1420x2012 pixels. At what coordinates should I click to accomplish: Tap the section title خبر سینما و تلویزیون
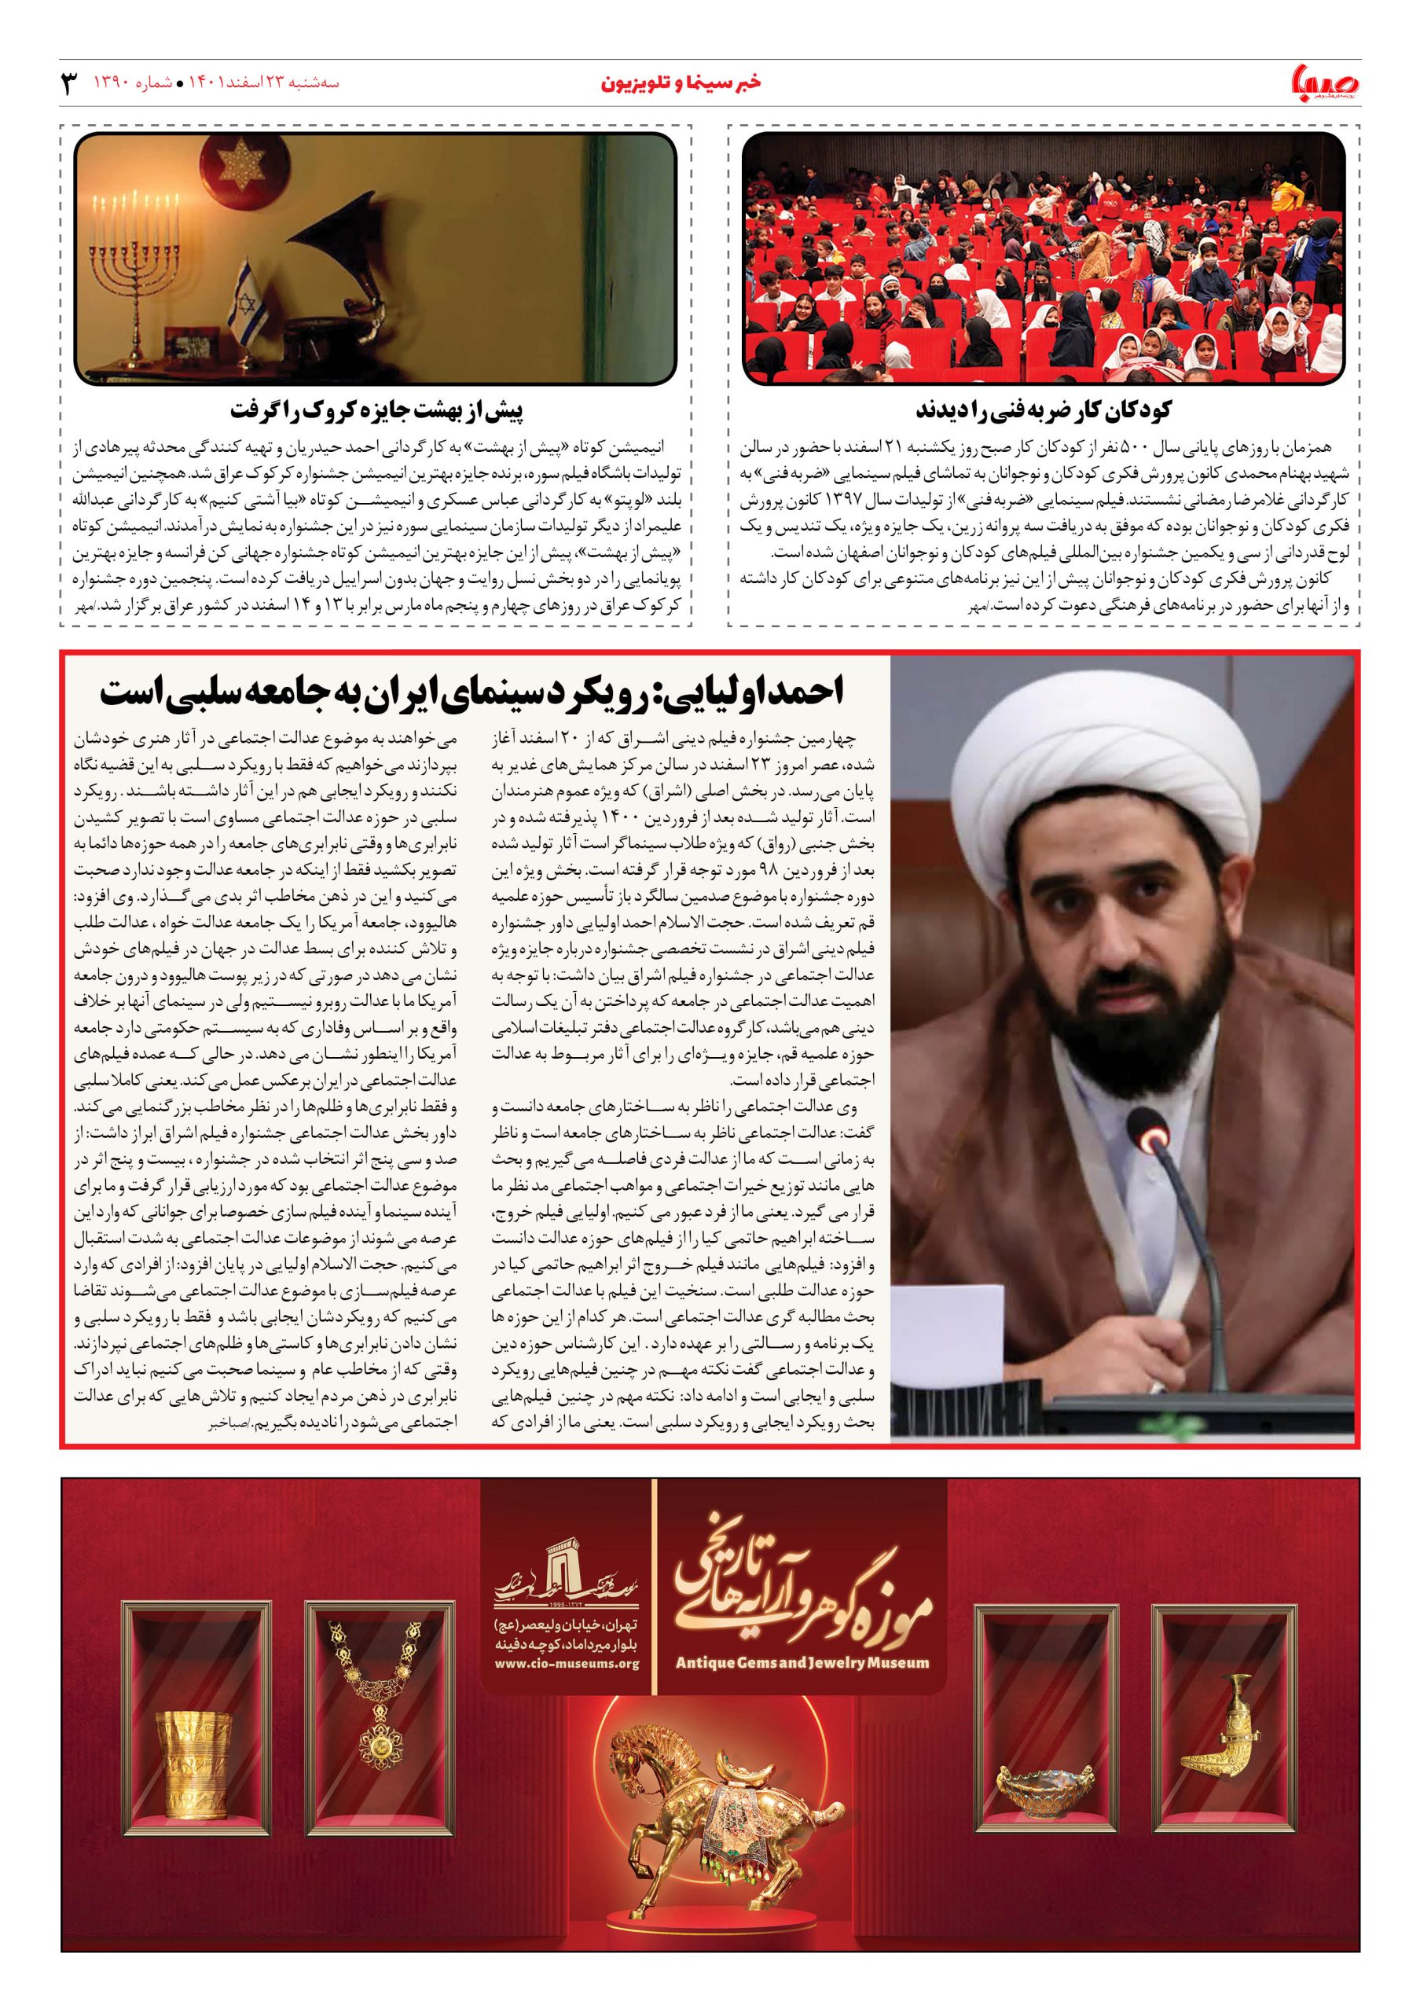point(681,84)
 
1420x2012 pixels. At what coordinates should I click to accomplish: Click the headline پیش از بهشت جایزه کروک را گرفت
point(377,410)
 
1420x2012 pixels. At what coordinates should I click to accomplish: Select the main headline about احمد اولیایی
point(471,692)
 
